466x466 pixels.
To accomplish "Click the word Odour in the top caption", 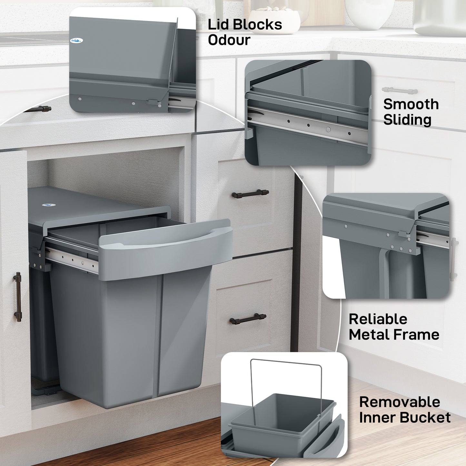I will [229, 40].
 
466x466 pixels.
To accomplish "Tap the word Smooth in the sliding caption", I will [411, 104].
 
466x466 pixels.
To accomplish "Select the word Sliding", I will [407, 120].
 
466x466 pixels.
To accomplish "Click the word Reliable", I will [378, 319].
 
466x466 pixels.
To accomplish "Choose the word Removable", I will [400, 402].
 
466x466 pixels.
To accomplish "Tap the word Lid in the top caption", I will [218, 25].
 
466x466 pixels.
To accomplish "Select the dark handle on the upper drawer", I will [250, 194].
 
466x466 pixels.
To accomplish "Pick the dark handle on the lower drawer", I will [248, 319].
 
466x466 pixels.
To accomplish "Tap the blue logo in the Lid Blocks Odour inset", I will [76, 41].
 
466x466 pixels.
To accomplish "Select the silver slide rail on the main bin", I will [71, 260].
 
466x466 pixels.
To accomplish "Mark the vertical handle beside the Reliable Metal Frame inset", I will [454, 259].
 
